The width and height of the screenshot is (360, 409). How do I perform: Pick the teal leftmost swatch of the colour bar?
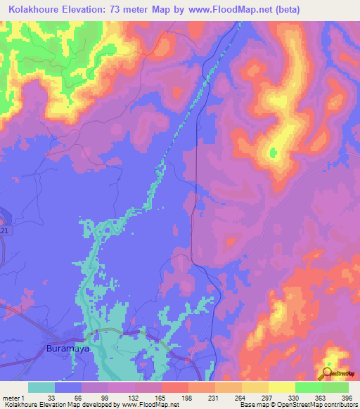41,387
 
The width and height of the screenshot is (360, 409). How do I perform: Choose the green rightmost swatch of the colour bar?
335,387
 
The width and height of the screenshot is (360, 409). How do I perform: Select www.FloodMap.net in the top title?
232,10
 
